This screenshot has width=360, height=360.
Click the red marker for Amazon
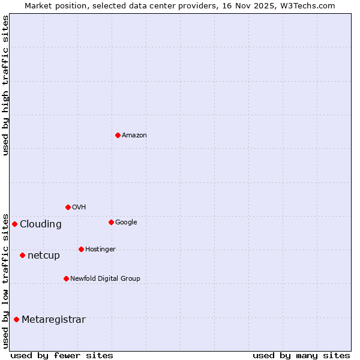(118, 135)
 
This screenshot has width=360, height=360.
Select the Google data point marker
(111, 222)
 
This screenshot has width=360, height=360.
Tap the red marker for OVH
(68, 207)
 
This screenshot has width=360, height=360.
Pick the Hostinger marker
(81, 249)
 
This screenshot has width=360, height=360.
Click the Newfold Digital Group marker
(66, 278)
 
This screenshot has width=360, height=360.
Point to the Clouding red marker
(14, 224)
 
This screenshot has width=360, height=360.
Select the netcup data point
(22, 255)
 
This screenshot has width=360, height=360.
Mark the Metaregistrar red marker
(16, 319)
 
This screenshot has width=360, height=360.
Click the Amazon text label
(134, 136)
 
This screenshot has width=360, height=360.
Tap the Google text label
(126, 223)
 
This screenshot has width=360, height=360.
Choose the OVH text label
(79, 208)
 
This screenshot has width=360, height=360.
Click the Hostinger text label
(100, 250)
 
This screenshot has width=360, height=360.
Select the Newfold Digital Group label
(105, 279)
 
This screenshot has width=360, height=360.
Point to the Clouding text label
(41, 224)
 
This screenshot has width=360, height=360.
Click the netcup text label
(44, 256)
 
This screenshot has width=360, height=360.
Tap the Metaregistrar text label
(53, 320)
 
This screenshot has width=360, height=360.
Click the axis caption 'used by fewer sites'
(62, 355)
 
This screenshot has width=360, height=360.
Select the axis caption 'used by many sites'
(301, 355)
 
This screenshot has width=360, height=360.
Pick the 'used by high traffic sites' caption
(6, 85)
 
